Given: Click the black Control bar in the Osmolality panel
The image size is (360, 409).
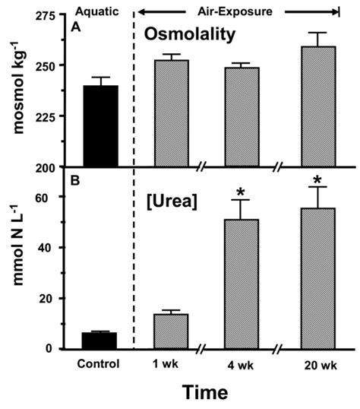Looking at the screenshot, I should [100, 126].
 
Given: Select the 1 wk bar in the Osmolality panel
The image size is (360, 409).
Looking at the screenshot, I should [170, 113].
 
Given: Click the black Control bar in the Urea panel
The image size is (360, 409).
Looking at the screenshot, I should [100, 341].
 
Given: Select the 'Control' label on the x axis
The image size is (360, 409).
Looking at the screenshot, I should [99, 363].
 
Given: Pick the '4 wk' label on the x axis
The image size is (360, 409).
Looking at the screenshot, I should [241, 364].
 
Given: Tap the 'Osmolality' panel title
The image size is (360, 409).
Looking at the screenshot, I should [215, 37].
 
